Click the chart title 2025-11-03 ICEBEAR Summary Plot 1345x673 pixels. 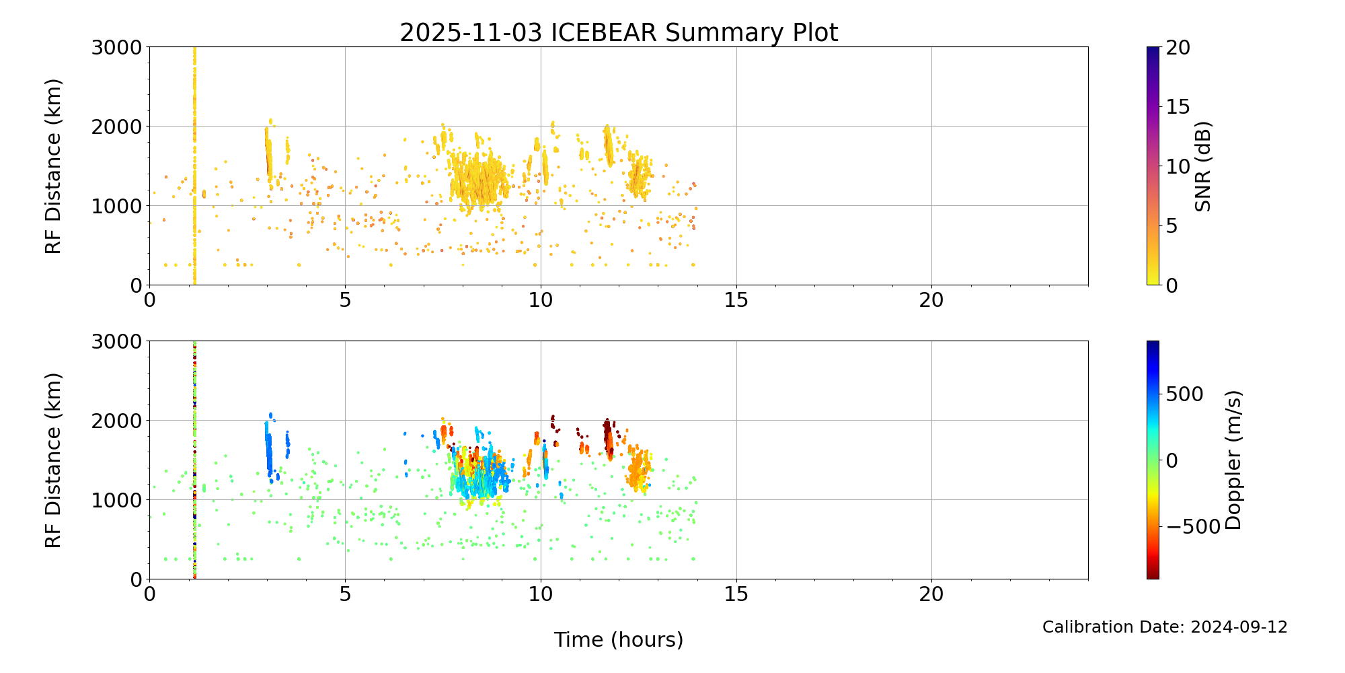[619, 32]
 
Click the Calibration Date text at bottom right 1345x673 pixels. [1164, 627]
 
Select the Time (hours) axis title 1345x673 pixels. [618, 640]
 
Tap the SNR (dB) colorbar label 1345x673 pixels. [1203, 166]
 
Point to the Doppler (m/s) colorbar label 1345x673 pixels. [1233, 460]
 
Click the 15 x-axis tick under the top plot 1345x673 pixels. [736, 300]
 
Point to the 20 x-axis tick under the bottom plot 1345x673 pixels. [931, 594]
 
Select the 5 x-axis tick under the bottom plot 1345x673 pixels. [345, 594]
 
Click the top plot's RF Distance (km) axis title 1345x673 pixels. [54, 166]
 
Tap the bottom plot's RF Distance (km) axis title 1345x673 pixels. [54, 460]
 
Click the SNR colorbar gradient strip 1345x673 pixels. [1153, 166]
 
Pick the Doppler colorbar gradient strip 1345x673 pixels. [1153, 460]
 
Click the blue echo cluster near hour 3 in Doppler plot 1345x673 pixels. [269, 451]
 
